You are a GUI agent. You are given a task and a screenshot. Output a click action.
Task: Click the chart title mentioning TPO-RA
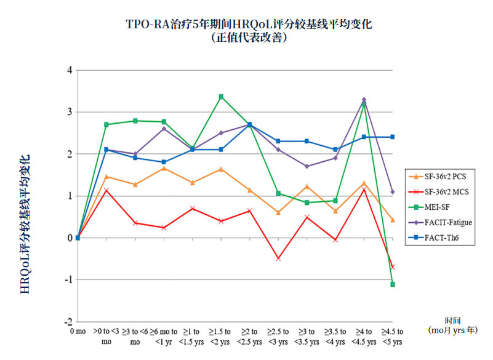click(x=249, y=25)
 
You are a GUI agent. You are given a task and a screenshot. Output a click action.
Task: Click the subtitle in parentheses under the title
click(x=249, y=37)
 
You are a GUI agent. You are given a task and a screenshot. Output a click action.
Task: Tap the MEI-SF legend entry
click(x=434, y=207)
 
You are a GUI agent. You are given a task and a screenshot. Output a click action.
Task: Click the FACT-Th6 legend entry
click(x=436, y=238)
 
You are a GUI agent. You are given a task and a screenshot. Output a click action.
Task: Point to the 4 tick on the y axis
click(x=70, y=70)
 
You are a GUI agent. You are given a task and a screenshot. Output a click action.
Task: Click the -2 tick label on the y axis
click(x=68, y=321)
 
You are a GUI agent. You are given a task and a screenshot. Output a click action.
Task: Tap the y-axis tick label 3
click(x=70, y=112)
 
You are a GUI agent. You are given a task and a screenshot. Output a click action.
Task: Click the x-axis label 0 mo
click(x=78, y=332)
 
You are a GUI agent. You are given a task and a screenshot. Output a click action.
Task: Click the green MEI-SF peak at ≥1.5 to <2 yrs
click(x=221, y=97)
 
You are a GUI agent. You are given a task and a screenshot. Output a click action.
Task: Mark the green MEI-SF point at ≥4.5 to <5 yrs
click(x=392, y=284)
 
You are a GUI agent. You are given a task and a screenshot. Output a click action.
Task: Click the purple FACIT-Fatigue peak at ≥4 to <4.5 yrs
click(x=364, y=99)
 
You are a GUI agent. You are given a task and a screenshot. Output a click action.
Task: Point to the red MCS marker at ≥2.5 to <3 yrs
click(x=278, y=258)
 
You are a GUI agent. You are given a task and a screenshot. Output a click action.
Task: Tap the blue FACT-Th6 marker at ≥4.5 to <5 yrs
click(x=392, y=137)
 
